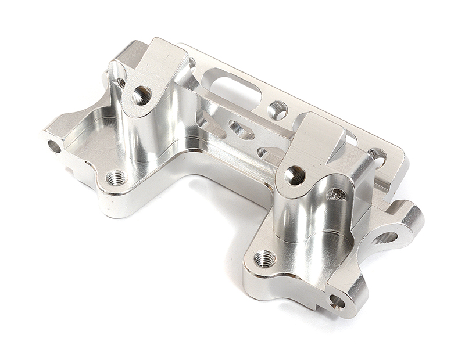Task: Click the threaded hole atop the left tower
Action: click(x=141, y=95)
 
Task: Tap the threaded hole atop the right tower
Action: click(x=295, y=174)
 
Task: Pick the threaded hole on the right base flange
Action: click(x=265, y=258)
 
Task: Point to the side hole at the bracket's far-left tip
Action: click(x=54, y=146)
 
